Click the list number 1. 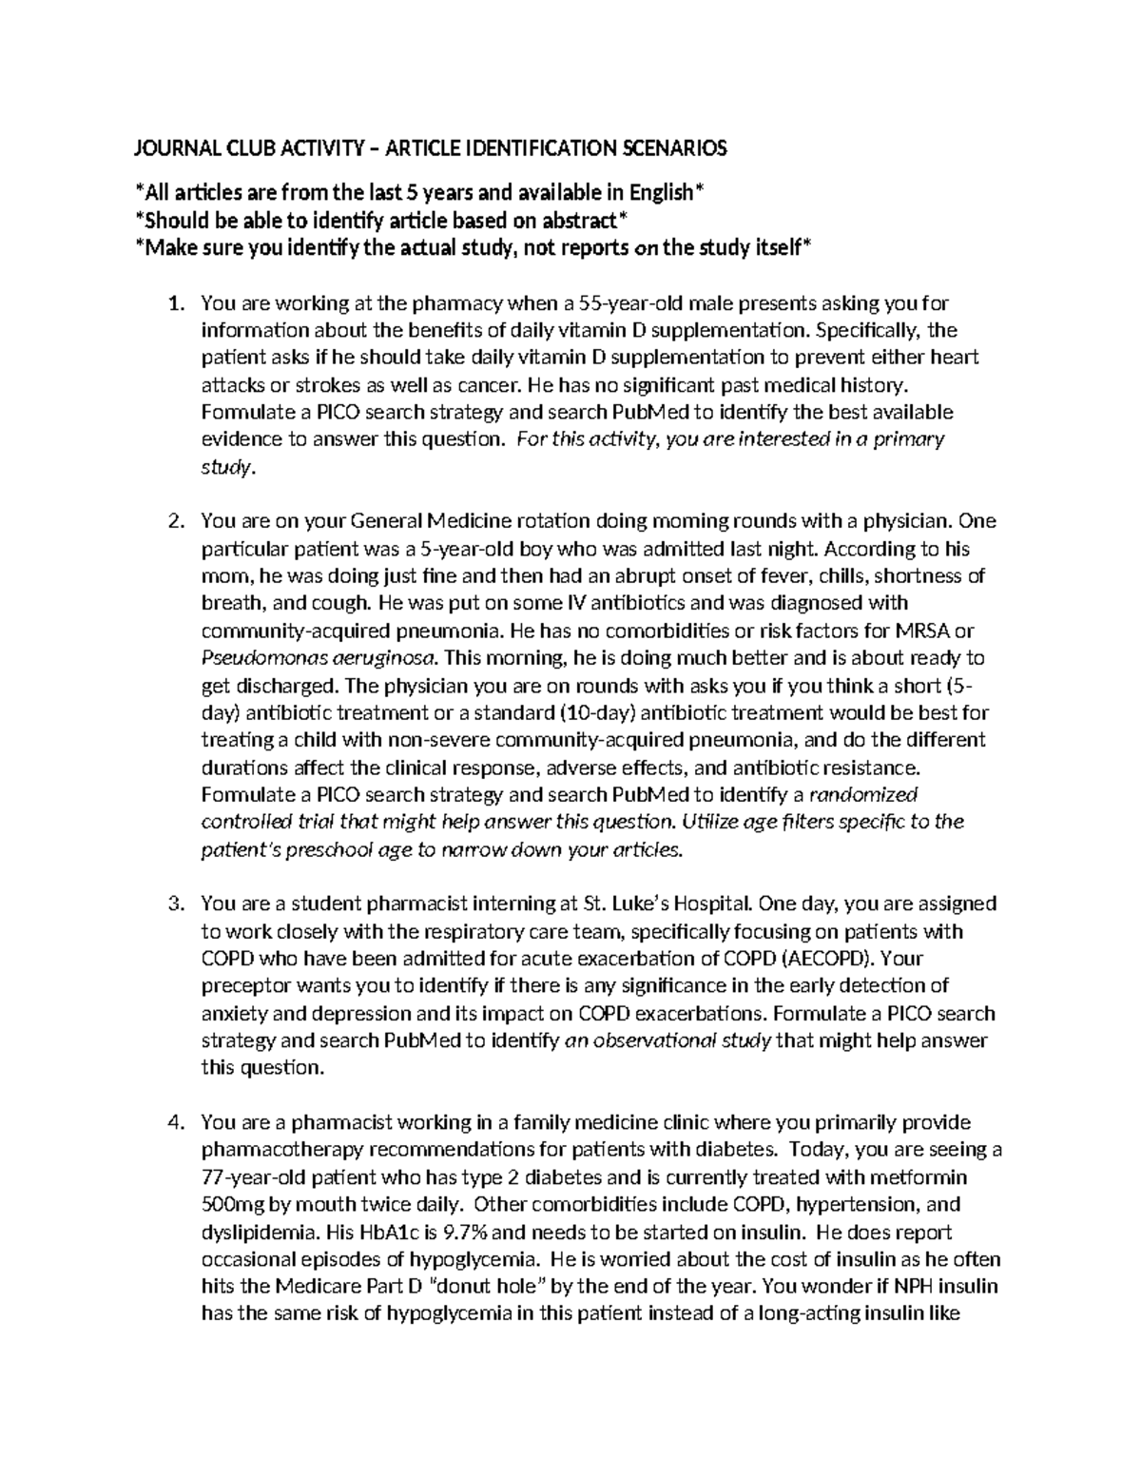tap(173, 303)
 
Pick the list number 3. tap(173, 904)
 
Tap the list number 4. tap(173, 1122)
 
